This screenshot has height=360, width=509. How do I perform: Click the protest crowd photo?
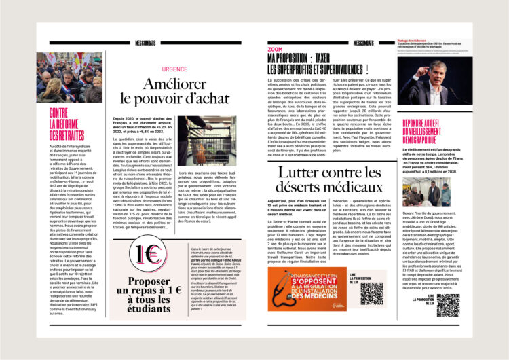click(x=69, y=77)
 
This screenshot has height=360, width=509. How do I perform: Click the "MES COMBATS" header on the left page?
click(x=145, y=43)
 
